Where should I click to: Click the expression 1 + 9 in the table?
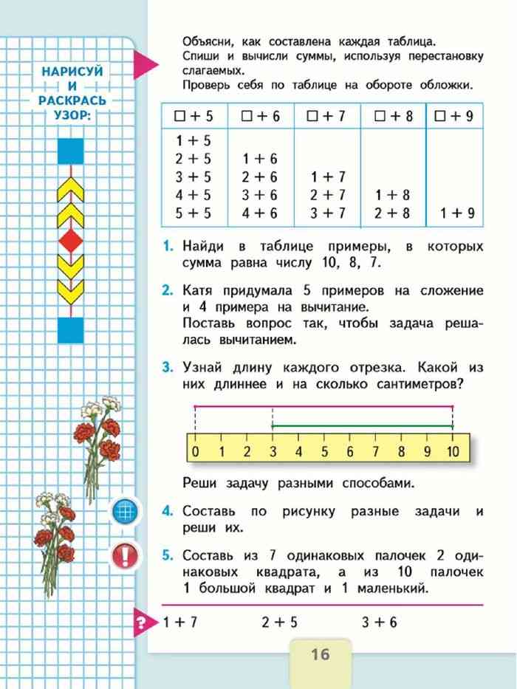(457, 214)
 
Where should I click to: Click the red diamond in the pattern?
(72, 239)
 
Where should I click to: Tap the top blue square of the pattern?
(72, 151)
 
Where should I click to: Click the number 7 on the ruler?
(375, 451)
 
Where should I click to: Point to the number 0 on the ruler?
(194, 451)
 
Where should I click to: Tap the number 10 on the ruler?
(453, 451)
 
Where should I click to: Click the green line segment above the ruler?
(362, 426)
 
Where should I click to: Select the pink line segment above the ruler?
(323, 406)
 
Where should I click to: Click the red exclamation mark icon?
(126, 554)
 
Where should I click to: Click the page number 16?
(320, 654)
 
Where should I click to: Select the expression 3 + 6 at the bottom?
(379, 623)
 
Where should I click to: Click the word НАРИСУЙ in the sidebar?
(72, 72)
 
